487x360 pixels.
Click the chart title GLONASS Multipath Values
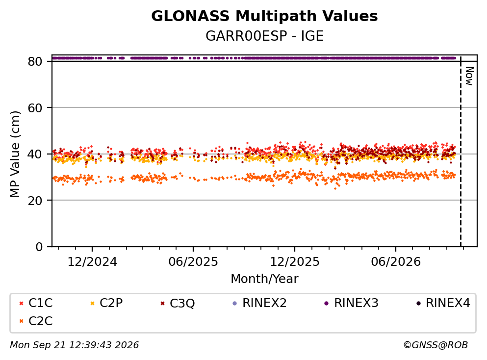click(x=264, y=16)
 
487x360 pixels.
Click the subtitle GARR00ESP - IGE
click(x=264, y=36)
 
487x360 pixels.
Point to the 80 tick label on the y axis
click(x=35, y=61)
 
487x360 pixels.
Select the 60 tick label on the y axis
click(x=35, y=108)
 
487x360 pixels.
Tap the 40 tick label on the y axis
click(x=35, y=154)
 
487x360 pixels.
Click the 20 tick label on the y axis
click(x=35, y=200)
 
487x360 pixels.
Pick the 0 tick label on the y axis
click(x=39, y=247)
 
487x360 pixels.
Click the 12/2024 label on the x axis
click(x=92, y=262)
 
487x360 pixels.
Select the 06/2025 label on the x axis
click(x=193, y=262)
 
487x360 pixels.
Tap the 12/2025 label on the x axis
click(x=294, y=262)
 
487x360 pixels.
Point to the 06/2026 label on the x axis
click(x=396, y=262)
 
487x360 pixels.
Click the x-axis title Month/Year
click(x=264, y=279)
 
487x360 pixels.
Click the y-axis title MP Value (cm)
click(x=15, y=154)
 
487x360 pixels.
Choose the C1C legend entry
click(x=36, y=303)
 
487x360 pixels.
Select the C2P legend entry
click(x=106, y=303)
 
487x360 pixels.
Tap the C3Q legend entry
click(x=177, y=303)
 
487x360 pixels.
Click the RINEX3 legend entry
click(x=351, y=303)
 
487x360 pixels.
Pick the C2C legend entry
click(x=36, y=321)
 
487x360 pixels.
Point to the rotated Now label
click(x=469, y=76)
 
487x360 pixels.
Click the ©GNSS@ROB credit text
click(x=436, y=345)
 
